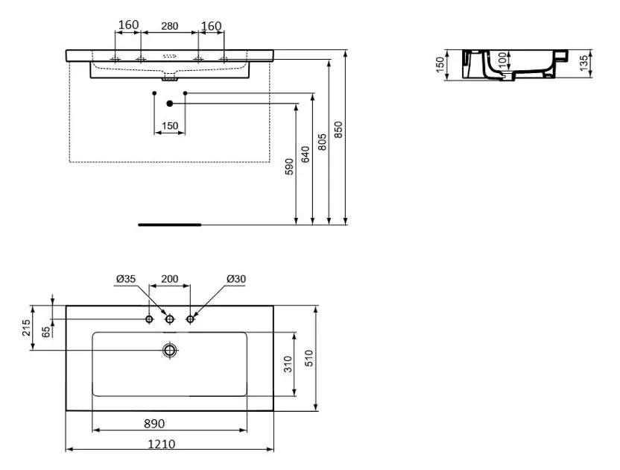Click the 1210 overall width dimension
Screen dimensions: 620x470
[161, 444]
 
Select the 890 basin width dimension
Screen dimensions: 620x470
[154, 424]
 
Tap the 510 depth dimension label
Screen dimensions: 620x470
[309, 358]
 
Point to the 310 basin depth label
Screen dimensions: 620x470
[288, 364]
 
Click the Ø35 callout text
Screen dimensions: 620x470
[126, 279]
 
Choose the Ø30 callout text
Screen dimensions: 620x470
[236, 279]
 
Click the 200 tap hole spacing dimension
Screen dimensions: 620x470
[170, 279]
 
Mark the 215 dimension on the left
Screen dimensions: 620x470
[26, 328]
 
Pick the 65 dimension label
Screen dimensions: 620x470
[46, 332]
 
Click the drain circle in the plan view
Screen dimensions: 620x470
[170, 350]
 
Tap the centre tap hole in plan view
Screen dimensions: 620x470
[170, 319]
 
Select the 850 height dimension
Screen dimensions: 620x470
[338, 130]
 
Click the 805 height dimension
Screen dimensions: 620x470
[322, 142]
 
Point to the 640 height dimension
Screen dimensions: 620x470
[306, 154]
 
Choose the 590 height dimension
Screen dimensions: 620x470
[289, 166]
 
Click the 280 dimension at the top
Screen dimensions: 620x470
[170, 26]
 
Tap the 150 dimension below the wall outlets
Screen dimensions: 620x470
[170, 125]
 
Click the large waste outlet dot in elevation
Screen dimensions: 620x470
[170, 104]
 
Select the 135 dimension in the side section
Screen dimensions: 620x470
[584, 63]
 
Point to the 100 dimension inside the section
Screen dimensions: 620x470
[502, 60]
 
